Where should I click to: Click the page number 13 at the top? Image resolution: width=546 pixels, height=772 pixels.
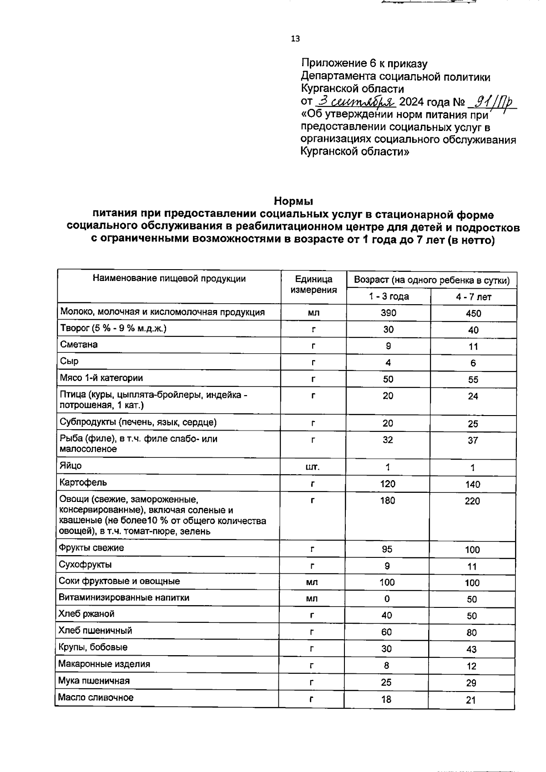(295, 39)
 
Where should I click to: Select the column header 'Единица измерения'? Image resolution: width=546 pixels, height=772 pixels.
(313, 284)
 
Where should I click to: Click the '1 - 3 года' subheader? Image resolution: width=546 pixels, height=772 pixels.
(389, 296)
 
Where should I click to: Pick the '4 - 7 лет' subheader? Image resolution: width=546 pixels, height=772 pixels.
(474, 297)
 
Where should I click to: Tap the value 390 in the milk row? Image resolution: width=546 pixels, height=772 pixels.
(389, 313)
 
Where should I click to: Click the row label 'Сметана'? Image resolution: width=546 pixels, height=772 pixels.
(79, 344)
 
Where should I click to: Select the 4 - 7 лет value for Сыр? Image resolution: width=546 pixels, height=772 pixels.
(473, 363)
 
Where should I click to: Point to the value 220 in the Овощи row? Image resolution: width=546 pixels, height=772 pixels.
(472, 501)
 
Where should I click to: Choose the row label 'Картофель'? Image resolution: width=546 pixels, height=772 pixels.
(83, 482)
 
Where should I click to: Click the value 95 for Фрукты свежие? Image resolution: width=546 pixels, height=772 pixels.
(387, 549)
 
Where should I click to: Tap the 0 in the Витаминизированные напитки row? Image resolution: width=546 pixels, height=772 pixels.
(387, 599)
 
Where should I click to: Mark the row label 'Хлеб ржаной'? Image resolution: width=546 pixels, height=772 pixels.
(86, 614)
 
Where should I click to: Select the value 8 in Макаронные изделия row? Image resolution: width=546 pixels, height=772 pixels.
(386, 666)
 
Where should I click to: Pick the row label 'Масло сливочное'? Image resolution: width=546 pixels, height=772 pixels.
(96, 697)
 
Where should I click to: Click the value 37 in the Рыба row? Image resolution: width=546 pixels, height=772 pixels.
(473, 440)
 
